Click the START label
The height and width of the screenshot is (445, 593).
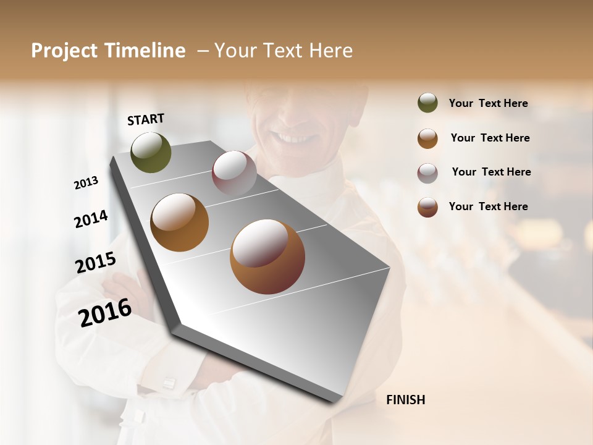click(146, 119)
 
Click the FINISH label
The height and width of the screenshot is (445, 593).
click(405, 400)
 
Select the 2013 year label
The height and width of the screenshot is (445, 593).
click(86, 183)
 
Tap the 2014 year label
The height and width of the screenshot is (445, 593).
click(91, 219)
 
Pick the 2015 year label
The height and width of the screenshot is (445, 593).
click(96, 263)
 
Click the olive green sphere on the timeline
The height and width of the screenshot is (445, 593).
click(151, 153)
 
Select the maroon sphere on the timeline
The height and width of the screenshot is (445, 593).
click(234, 173)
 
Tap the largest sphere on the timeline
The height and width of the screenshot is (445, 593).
click(267, 256)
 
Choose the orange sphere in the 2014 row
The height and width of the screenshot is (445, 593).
click(179, 222)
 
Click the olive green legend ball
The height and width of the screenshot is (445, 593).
click(427, 103)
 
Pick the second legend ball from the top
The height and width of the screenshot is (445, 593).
click(427, 138)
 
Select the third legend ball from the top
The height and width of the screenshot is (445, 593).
click(427, 173)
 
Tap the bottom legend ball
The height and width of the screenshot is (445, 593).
click(427, 207)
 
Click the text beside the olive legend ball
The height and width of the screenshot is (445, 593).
click(488, 103)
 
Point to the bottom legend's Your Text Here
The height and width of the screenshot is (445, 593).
click(488, 206)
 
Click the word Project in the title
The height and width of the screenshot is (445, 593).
click(64, 51)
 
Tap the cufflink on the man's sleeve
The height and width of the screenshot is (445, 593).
click(168, 384)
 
